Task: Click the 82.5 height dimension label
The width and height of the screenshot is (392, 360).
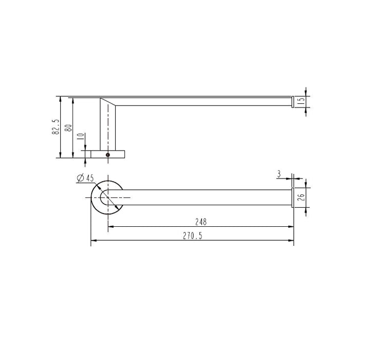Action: click(56, 127)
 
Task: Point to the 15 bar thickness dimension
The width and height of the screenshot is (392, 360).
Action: click(302, 101)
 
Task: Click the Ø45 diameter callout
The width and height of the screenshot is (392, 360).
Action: click(85, 178)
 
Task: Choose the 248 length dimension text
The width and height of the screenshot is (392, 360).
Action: click(201, 222)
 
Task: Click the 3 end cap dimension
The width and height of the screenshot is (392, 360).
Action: click(278, 174)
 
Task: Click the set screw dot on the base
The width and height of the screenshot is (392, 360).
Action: click(108, 154)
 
